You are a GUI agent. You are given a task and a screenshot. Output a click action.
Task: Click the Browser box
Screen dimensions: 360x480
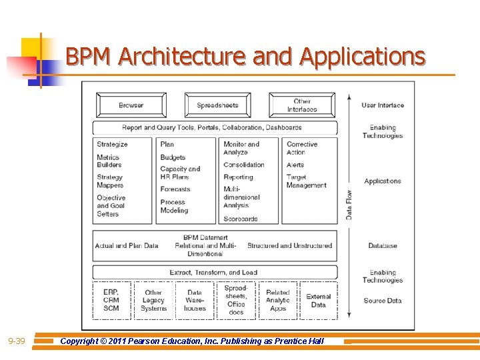click(x=131, y=105)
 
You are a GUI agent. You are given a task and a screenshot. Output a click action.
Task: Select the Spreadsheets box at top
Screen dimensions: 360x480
click(x=217, y=105)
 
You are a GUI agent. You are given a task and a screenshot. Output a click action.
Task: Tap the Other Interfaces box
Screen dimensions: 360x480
click(x=302, y=105)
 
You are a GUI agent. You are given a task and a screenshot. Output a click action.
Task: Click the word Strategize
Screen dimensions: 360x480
click(x=112, y=144)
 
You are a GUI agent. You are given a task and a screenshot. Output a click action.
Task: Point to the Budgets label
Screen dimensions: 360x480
click(x=173, y=158)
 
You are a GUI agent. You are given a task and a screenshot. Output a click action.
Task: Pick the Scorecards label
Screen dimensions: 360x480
click(x=241, y=219)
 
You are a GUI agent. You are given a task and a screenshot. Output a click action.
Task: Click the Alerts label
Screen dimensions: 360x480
click(x=295, y=165)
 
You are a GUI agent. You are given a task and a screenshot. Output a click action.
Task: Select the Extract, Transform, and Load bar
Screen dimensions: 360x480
click(x=214, y=273)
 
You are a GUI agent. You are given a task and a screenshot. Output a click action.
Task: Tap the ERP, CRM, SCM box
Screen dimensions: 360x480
click(x=111, y=300)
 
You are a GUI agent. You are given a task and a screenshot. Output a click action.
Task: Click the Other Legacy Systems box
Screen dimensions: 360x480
click(x=153, y=300)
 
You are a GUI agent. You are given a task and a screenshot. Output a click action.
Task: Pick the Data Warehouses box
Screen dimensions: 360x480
click(x=195, y=300)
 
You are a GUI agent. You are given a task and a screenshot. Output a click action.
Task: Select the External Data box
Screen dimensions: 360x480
click(x=319, y=301)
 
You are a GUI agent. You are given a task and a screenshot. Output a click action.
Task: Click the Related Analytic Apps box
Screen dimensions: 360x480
click(x=278, y=300)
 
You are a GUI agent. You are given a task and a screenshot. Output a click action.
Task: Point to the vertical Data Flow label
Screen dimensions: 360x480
click(x=349, y=204)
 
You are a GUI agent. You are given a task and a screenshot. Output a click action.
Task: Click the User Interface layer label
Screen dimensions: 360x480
click(x=383, y=105)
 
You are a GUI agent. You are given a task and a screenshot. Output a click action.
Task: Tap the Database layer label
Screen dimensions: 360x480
click(x=383, y=246)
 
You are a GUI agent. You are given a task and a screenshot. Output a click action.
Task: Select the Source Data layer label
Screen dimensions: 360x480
click(x=383, y=301)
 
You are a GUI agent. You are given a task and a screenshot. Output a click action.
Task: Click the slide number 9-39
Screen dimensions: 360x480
click(x=17, y=341)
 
